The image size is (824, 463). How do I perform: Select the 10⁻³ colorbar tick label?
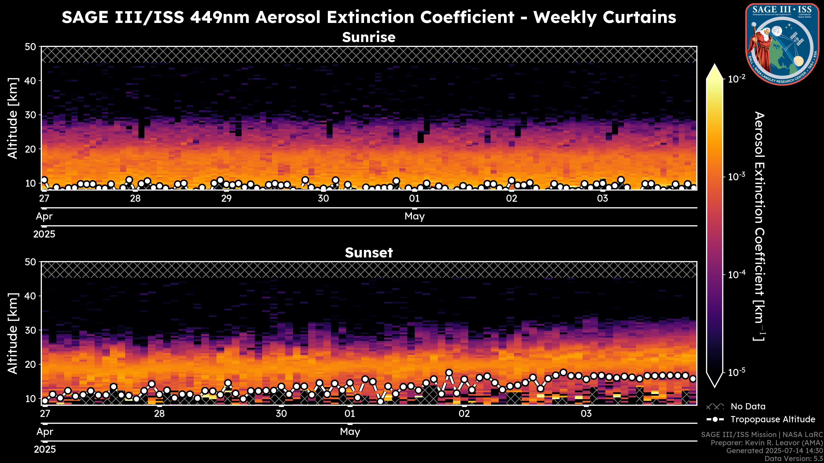coord(737,176)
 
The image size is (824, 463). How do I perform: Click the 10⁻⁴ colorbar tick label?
coord(737,274)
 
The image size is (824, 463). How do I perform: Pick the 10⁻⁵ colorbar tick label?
coord(737,372)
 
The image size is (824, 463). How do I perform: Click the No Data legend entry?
coord(748,406)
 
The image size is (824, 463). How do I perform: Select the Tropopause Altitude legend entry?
coord(772,419)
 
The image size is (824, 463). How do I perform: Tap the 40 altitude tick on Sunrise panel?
coord(31,81)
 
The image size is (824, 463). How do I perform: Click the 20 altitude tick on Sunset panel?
coord(31,364)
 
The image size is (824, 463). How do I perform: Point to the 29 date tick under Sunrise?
coord(226,198)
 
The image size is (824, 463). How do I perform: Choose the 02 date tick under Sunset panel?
coord(464,414)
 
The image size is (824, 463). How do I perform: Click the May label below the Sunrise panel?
coord(415,216)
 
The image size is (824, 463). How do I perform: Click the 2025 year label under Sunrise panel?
coord(44,234)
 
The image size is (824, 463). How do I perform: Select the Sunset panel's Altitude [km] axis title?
coord(13,333)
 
